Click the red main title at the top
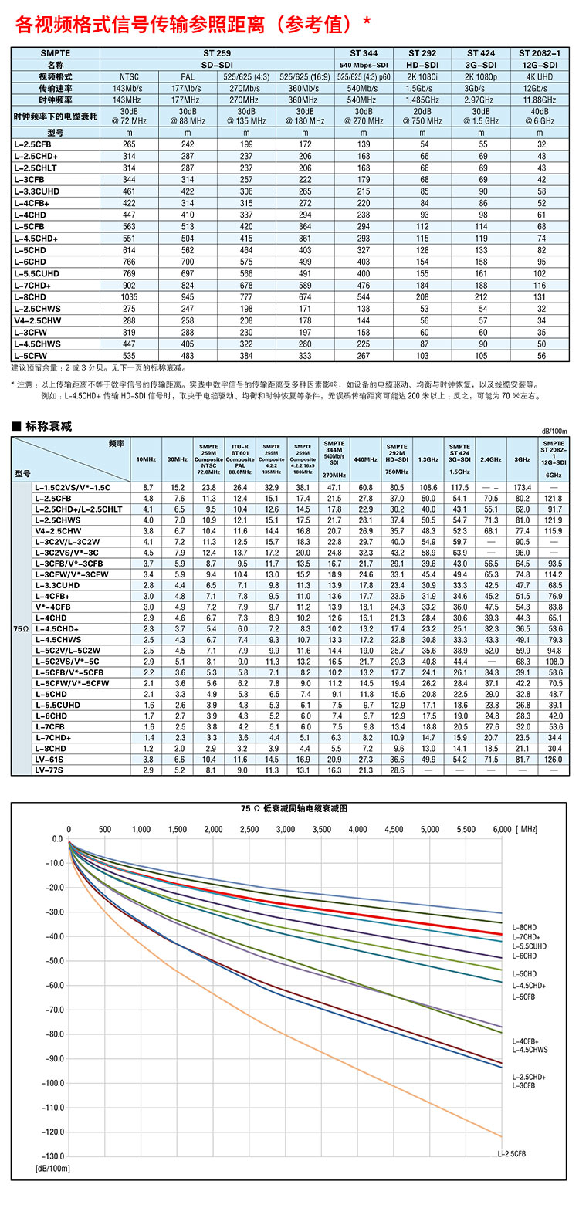[193, 25]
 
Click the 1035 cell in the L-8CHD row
[129, 297]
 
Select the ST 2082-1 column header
[540, 53]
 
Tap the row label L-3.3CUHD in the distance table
[37, 191]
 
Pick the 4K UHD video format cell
[540, 77]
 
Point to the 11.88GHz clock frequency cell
[540, 100]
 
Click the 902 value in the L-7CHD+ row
[129, 286]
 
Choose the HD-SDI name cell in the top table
[422, 65]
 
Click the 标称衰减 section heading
[49, 426]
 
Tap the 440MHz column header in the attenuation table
[365, 459]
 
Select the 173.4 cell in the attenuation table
[522, 488]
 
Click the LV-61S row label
[49, 760]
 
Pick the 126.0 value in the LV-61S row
[554, 760]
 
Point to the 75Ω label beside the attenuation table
[21, 629]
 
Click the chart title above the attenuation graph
[294, 808]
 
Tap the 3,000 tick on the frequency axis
[286, 829]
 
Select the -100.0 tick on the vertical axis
[53, 1083]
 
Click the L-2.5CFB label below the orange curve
[512, 1154]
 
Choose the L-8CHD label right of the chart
[524, 928]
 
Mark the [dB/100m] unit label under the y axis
[52, 1169]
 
